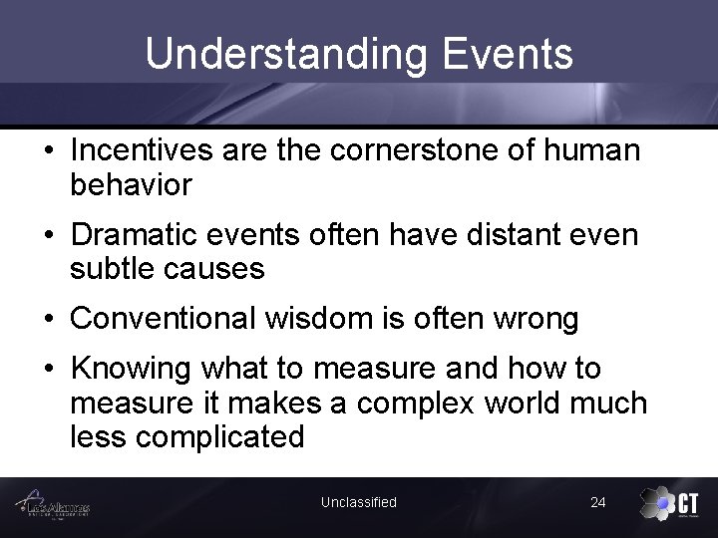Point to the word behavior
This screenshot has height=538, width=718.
tap(131, 184)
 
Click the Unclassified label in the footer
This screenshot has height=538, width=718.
tap(358, 502)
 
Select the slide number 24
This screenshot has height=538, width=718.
tap(597, 502)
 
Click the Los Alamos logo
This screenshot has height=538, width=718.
tap(55, 506)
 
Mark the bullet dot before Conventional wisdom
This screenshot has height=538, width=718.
tap(49, 319)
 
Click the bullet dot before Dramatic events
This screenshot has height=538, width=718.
tap(49, 235)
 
